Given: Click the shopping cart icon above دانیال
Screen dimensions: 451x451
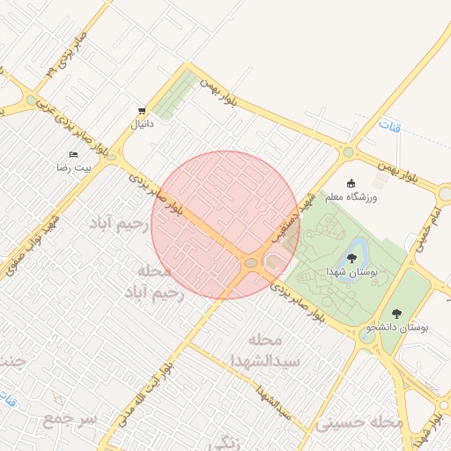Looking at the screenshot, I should click(142, 111).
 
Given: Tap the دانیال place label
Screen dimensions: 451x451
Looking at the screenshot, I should click(142, 124).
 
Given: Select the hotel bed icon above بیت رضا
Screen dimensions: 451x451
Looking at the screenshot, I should click(73, 154).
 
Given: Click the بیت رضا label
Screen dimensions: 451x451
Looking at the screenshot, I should click(74, 166).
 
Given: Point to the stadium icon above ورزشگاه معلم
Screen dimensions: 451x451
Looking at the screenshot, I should click(351, 183).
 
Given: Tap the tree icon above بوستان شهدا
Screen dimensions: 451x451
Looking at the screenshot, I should click(351, 258).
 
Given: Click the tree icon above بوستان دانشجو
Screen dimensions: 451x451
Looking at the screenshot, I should click(396, 313).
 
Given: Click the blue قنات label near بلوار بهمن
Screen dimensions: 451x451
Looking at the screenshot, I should click(389, 127).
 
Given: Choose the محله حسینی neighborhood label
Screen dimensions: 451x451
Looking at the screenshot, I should click(360, 424).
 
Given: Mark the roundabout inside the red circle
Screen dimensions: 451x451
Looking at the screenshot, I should click(251, 262).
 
